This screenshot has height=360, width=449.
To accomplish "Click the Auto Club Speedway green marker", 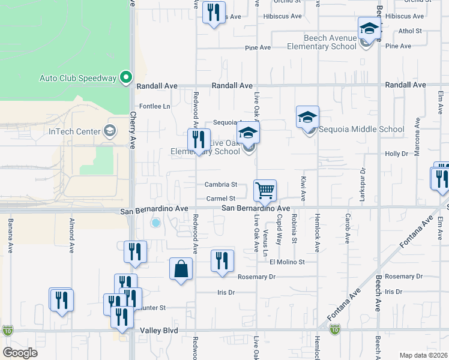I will pyautogui.click(x=125, y=77).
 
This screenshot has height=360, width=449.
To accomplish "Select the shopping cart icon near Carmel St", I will pyautogui.click(x=265, y=191).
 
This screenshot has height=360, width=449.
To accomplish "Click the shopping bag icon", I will pyautogui.click(x=181, y=269).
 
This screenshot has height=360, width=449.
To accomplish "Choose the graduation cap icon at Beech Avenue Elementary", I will pyautogui.click(x=369, y=29).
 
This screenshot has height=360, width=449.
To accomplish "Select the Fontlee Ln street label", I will pyautogui.click(x=155, y=106).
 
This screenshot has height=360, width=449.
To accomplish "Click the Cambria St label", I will pyautogui.click(x=221, y=185).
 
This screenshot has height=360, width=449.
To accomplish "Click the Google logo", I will pyautogui.click(x=20, y=353).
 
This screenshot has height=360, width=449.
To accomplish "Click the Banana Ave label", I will pyautogui.click(x=10, y=235).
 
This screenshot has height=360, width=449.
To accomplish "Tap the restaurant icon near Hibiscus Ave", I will pyautogui.click(x=214, y=12).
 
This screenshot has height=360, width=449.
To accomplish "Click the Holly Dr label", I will pyautogui.click(x=397, y=154).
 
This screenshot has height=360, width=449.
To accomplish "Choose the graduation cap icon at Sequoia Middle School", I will pyautogui.click(x=307, y=118).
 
